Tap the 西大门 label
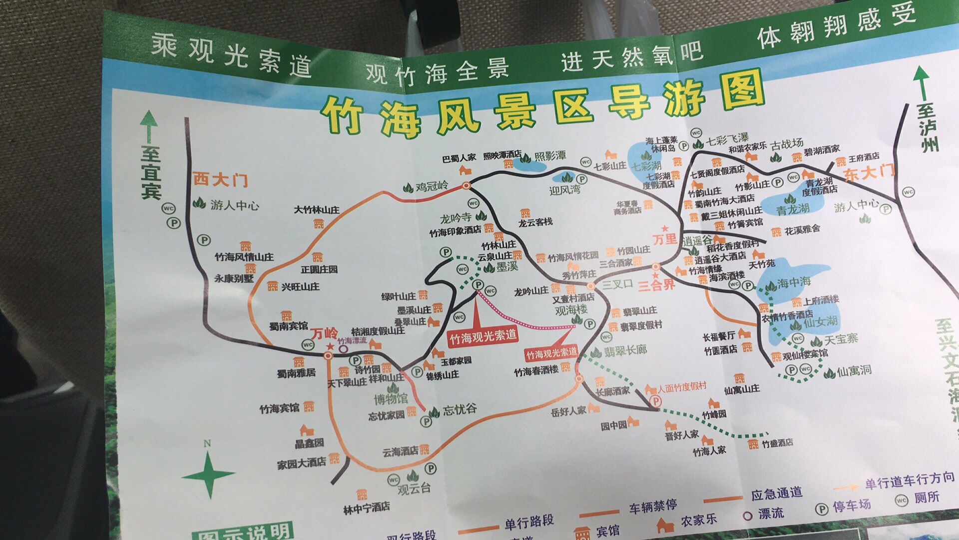(220, 179)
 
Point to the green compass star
(209, 474)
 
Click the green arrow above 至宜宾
(148, 125)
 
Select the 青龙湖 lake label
(793, 209)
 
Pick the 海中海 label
(794, 283)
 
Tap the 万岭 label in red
(324, 333)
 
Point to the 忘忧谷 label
(460, 409)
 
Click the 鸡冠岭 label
(432, 186)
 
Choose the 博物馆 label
(391, 398)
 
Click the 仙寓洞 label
(855, 371)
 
